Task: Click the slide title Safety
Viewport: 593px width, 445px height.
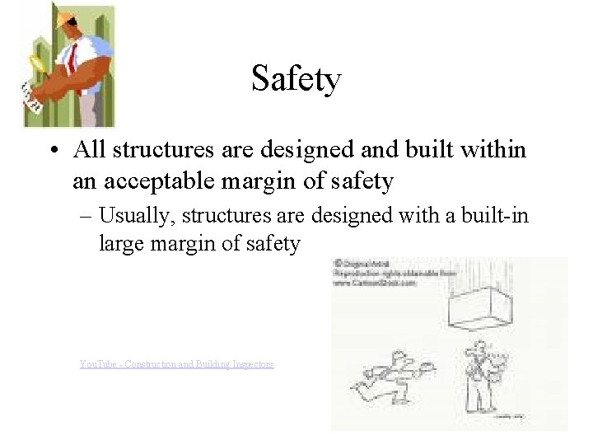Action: click(x=296, y=80)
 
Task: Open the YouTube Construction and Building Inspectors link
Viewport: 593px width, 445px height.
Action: click(x=176, y=363)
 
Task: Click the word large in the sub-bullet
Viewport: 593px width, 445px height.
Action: click(x=120, y=243)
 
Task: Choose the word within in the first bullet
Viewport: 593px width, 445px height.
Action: click(x=497, y=150)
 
